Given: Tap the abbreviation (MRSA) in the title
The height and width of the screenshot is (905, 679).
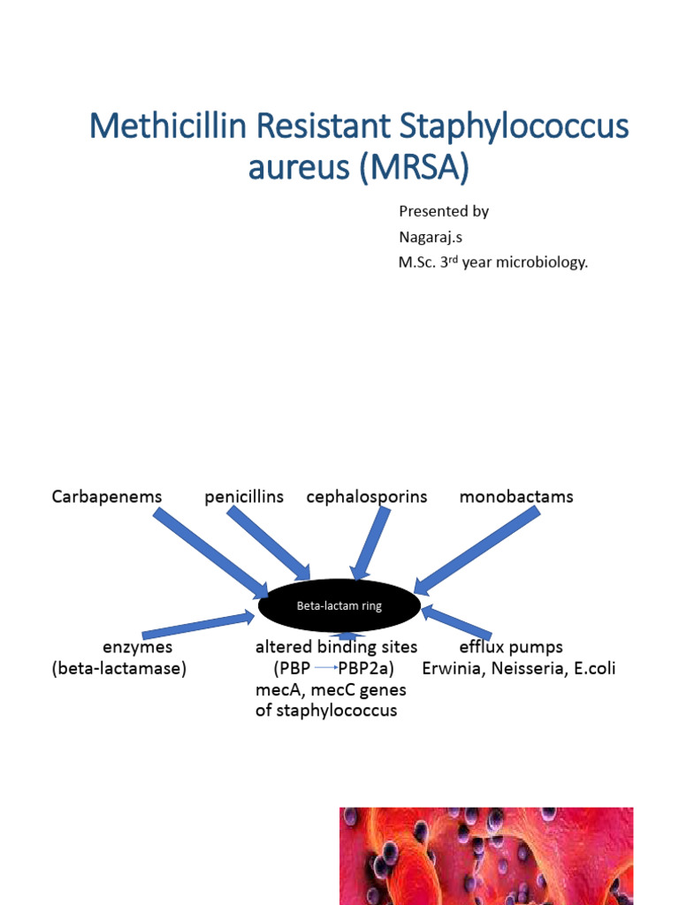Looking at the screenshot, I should click(x=413, y=167).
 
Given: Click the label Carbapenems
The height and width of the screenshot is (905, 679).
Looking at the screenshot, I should click(x=107, y=497).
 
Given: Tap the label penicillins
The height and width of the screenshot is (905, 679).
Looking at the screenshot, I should click(x=244, y=497).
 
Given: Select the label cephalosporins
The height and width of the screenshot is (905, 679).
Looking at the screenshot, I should click(x=367, y=497).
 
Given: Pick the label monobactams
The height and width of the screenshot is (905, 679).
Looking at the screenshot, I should click(x=516, y=497).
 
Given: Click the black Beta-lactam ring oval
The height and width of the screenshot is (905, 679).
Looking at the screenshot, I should click(x=339, y=607).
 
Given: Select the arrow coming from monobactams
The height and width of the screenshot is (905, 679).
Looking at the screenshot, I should click(x=477, y=550).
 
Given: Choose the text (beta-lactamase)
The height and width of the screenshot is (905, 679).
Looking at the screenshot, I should click(x=119, y=669).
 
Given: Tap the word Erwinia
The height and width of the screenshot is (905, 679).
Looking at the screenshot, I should click(x=452, y=669).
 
